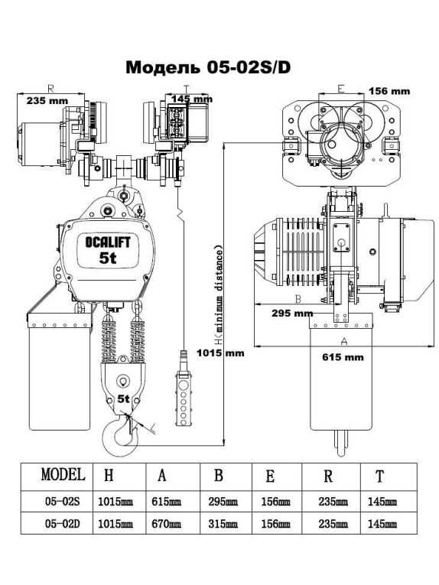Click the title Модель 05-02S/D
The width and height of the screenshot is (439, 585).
click(x=207, y=68)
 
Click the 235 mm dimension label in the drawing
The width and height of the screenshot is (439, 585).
click(x=46, y=100)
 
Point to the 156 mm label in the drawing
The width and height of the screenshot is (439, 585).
click(x=389, y=90)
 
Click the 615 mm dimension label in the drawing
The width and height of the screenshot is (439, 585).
click(x=343, y=357)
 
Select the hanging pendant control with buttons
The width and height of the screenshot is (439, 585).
click(x=184, y=390)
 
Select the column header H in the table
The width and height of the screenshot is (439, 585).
click(x=109, y=476)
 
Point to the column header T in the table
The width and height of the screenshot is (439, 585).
click(x=380, y=476)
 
